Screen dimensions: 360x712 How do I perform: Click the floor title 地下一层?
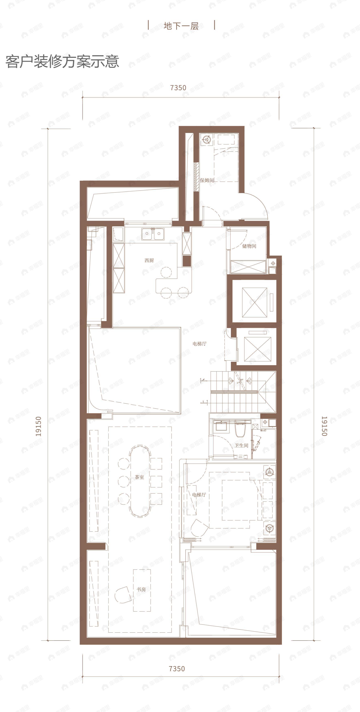181,26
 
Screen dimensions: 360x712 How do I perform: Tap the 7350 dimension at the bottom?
177,669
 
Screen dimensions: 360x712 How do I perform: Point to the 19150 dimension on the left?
38,426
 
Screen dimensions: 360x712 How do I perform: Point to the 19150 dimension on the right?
324,426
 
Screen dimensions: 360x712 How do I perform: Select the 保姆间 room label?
207,180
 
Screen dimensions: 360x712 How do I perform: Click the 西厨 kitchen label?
149,260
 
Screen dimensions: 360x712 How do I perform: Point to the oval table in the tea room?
140,480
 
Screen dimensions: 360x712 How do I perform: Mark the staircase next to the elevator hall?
243,392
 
